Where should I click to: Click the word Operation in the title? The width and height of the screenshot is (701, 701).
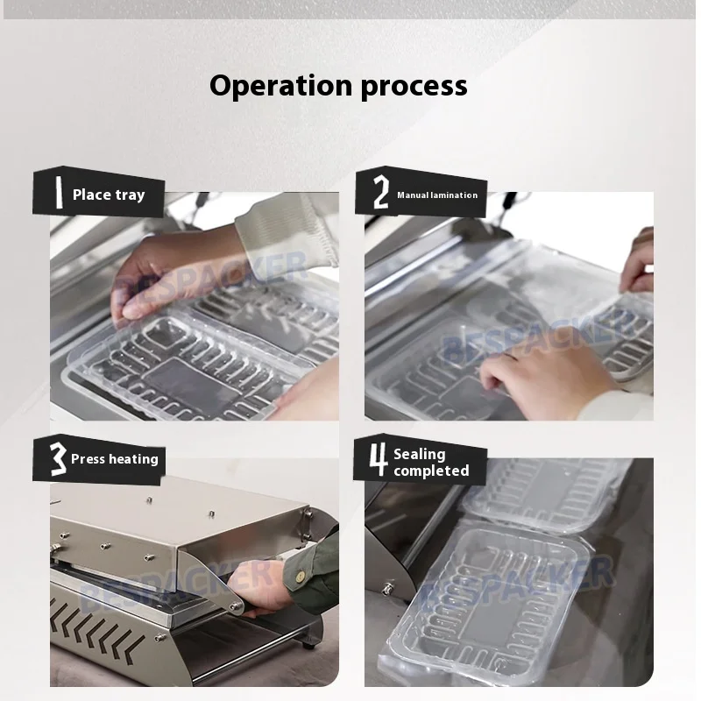tap(281, 86)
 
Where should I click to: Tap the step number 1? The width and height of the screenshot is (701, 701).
tap(58, 192)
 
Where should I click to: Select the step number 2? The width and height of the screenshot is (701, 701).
tap(381, 192)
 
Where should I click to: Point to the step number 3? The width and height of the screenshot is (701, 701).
tap(58, 458)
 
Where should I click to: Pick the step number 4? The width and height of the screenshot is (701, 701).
tap(379, 459)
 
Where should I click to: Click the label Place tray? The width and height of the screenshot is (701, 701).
tap(109, 195)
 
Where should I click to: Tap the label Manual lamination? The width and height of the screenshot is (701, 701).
tap(437, 195)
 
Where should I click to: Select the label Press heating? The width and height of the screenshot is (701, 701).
tap(115, 459)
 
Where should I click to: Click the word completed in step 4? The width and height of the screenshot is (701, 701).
tap(431, 471)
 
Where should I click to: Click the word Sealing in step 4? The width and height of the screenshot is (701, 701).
tap(420, 455)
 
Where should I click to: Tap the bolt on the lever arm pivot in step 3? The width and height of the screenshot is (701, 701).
tap(234, 605)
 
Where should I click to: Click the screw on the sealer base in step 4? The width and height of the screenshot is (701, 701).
tap(388, 587)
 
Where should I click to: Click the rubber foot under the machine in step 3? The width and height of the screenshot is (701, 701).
tap(308, 644)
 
